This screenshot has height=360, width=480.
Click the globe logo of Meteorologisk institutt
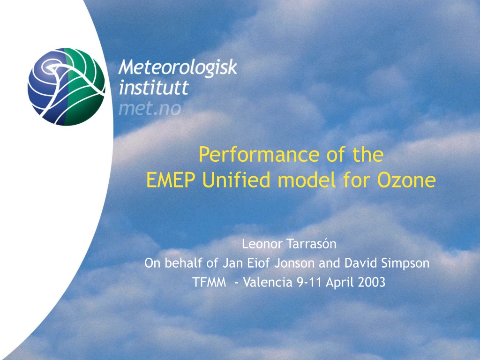tap(67, 87)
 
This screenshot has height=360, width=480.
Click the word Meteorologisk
tap(178, 67)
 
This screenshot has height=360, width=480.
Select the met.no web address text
tap(150, 109)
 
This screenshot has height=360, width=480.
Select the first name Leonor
tap(262, 244)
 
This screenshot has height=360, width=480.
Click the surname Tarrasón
tap(312, 244)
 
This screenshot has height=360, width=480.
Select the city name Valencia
tap(268, 282)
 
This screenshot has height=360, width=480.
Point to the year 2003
tap(371, 282)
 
